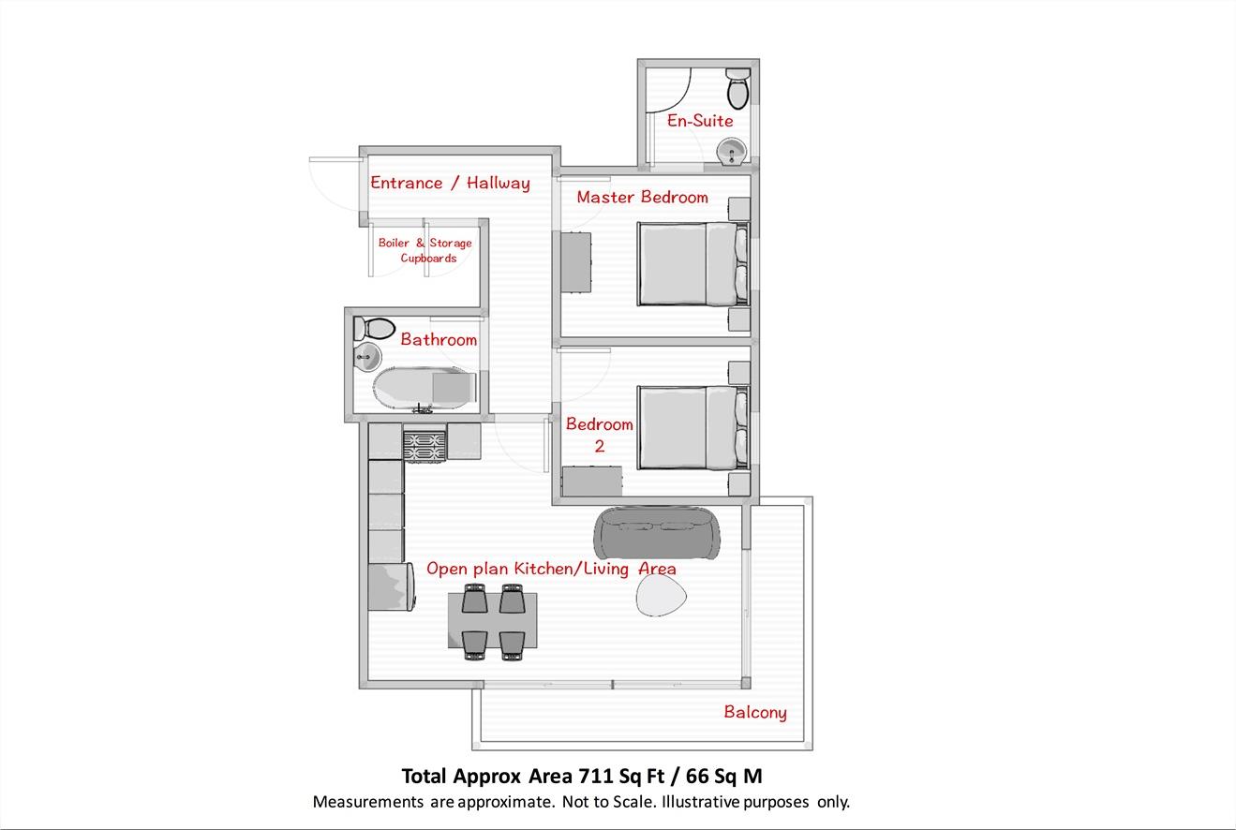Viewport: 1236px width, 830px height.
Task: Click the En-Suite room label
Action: tap(699, 121)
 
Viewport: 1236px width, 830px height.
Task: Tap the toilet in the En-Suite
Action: tap(737, 88)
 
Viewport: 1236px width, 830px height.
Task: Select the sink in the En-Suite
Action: tap(730, 151)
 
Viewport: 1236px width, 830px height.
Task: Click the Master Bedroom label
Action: tap(642, 198)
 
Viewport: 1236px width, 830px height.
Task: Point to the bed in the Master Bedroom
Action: tap(692, 263)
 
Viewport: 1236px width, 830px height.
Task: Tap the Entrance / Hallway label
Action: tap(450, 184)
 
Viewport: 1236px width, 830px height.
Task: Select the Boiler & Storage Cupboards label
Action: tap(425, 250)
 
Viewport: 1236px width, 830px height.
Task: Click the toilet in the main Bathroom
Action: tap(375, 329)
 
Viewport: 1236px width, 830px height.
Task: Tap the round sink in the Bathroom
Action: tap(365, 356)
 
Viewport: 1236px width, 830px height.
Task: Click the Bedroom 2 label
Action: tap(599, 435)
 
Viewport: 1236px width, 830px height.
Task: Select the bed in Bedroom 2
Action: tap(692, 426)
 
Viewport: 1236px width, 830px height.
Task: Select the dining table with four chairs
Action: tap(492, 620)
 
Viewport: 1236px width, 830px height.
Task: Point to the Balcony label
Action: tap(755, 713)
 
